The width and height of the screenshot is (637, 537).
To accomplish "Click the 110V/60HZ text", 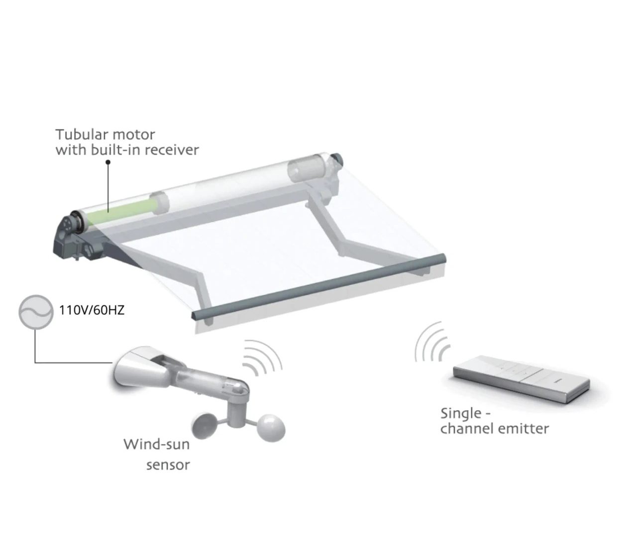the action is (92, 310).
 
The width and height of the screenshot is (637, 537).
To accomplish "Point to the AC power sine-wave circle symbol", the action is (36, 312).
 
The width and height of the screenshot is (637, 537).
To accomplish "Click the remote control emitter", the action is (522, 379).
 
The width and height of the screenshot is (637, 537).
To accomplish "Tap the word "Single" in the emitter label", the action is (461, 414).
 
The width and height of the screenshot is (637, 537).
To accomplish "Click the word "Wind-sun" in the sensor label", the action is (156, 445).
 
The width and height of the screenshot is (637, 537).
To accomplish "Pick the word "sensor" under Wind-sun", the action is (168, 465).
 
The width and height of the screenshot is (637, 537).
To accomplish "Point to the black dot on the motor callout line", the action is (108, 162).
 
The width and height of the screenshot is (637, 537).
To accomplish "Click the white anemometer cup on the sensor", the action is (271, 428).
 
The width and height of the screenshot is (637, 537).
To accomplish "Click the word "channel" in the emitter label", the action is (465, 429).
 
